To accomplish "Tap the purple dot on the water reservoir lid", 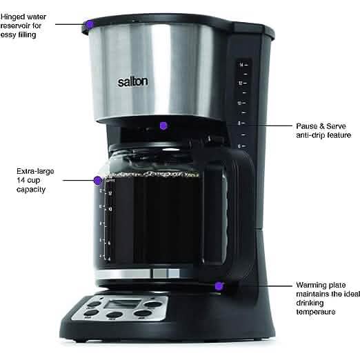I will tap(88, 25).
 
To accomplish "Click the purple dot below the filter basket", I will tap(163, 126).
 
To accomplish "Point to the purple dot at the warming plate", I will tap(219, 285).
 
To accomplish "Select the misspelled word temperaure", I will tap(317, 312).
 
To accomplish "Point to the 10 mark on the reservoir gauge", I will tap(240, 103).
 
